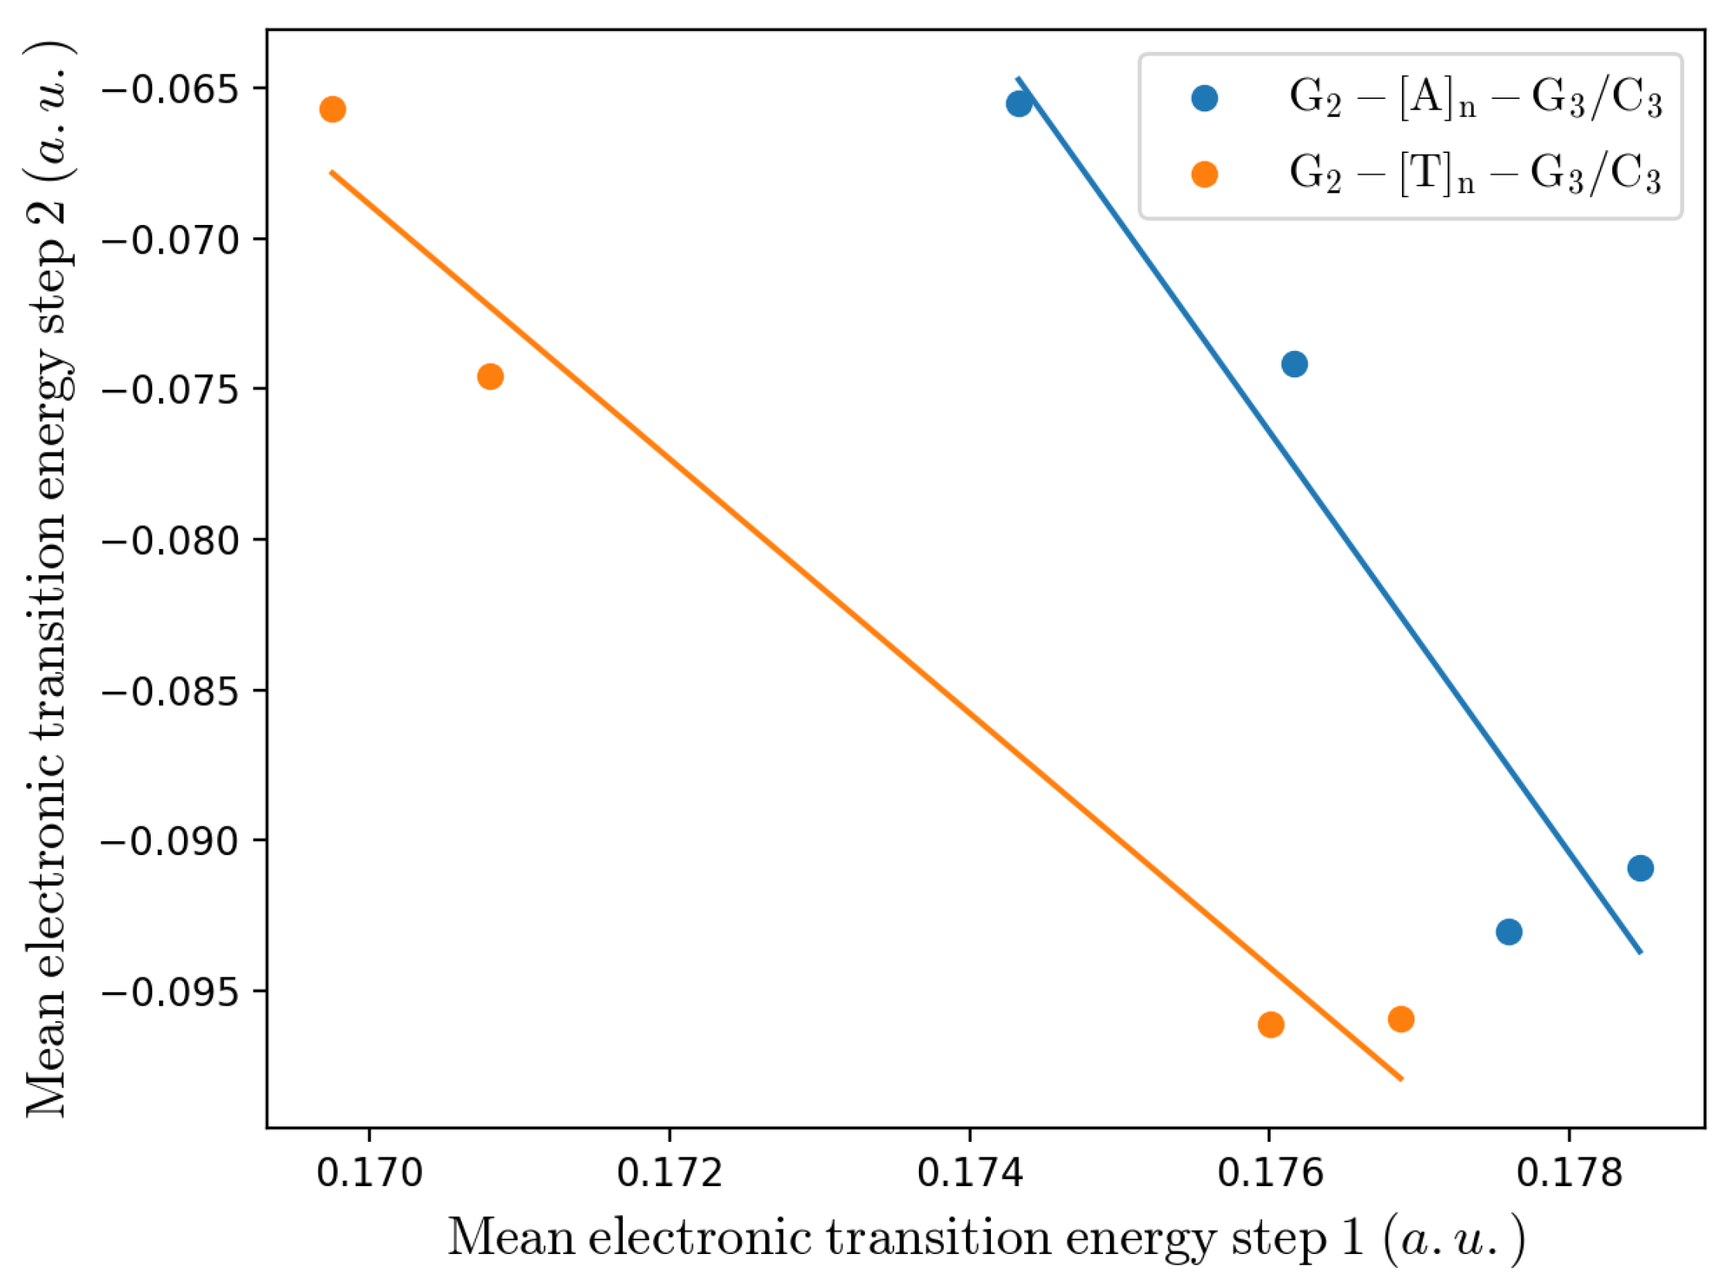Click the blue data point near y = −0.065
[1019, 103]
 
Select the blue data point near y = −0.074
[1294, 363]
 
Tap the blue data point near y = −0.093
[1508, 931]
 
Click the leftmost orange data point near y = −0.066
[332, 109]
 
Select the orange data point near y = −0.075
[490, 377]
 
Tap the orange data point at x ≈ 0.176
[1271, 1024]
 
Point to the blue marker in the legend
[1204, 98]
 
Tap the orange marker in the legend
[1204, 174]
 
